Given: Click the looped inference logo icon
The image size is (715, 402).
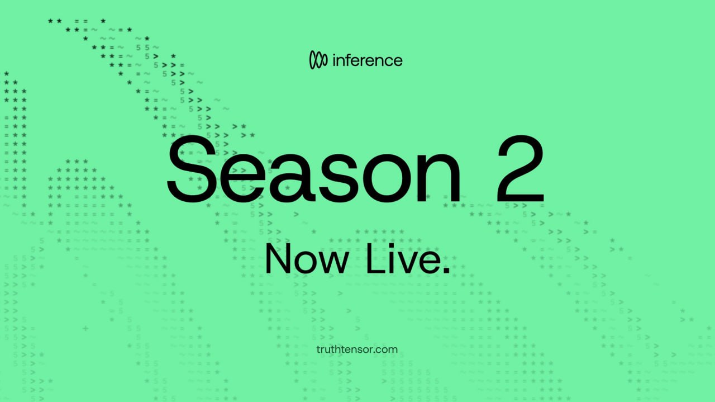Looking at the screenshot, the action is (x=318, y=60).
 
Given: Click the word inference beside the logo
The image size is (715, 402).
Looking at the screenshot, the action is (x=368, y=60).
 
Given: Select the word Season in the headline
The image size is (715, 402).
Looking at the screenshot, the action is (x=313, y=169).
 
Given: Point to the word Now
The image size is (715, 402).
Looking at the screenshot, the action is (x=307, y=258).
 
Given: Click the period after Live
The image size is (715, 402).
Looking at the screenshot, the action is (x=446, y=271).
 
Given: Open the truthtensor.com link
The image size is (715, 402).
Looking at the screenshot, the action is (x=357, y=349).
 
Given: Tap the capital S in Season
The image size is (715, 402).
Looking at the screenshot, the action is (x=192, y=169).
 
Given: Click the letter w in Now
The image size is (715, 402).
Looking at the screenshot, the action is (x=332, y=262).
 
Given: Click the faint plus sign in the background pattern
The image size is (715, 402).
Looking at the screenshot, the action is (x=85, y=328).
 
